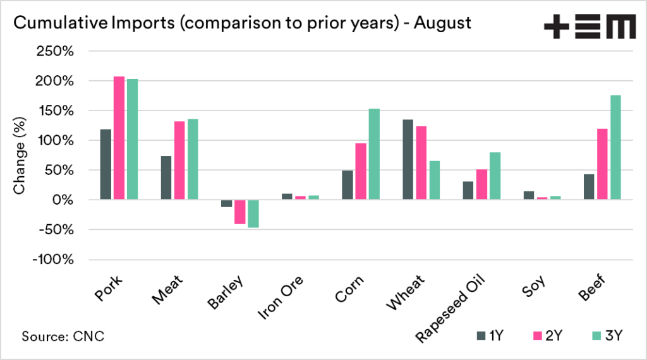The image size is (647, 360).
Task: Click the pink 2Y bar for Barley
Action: pos(239,212)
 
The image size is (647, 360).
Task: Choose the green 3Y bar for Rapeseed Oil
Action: pos(495,176)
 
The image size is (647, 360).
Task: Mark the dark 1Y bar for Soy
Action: pos(529,195)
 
